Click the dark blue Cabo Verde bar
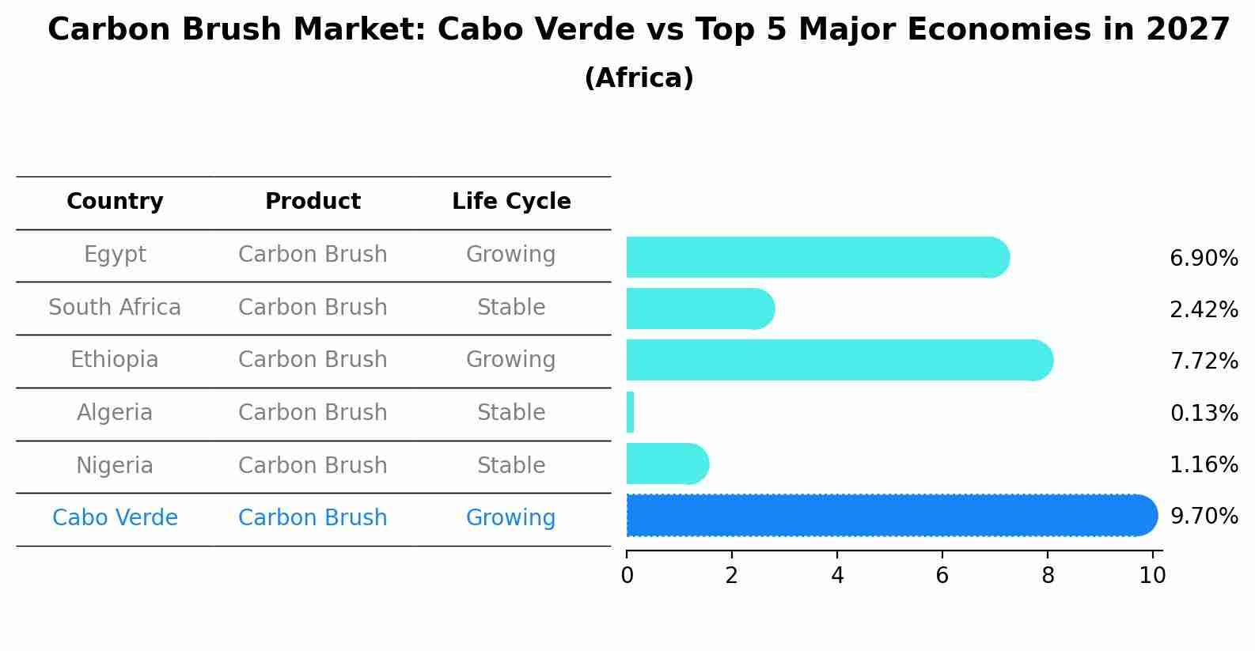(x=890, y=516)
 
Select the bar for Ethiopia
(x=839, y=360)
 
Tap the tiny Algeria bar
(x=630, y=412)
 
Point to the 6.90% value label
(x=1203, y=259)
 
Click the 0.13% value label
(x=1203, y=413)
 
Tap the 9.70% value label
(x=1203, y=517)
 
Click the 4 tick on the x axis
(x=837, y=576)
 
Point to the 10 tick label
(x=1152, y=576)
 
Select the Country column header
(x=115, y=202)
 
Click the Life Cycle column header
(x=511, y=202)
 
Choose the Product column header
(x=313, y=202)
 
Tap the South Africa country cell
(x=115, y=308)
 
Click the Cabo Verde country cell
(x=115, y=518)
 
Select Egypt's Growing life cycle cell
(x=510, y=255)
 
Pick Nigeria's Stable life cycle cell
(x=510, y=466)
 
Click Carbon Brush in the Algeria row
(x=313, y=413)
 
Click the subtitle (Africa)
(x=639, y=78)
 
